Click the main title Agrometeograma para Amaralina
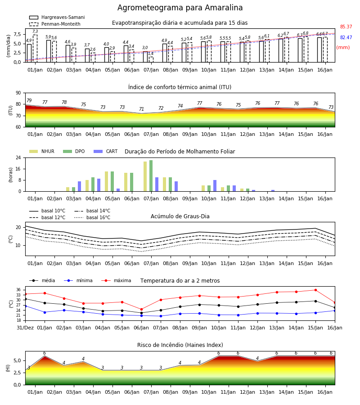[x=180, y=8]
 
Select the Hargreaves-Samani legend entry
[x=57, y=17]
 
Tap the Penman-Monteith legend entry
[x=55, y=24]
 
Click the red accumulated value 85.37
[x=346, y=27]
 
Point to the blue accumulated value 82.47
[x=346, y=37]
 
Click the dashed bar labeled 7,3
[x=35, y=49]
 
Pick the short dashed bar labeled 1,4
[x=151, y=60]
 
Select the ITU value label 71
[x=141, y=109]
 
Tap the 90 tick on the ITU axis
[x=18, y=93]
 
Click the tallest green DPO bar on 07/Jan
[x=151, y=176]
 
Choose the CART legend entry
[x=106, y=151]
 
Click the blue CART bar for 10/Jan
[x=215, y=186]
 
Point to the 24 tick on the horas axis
[x=18, y=157]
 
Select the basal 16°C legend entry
[x=92, y=217]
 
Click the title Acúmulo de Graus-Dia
[x=180, y=216]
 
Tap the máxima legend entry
[x=116, y=280]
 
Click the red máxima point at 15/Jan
[x=315, y=290]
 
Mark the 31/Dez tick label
[x=25, y=328]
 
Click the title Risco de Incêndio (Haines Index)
[x=180, y=345]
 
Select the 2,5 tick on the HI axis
[x=17, y=373]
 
